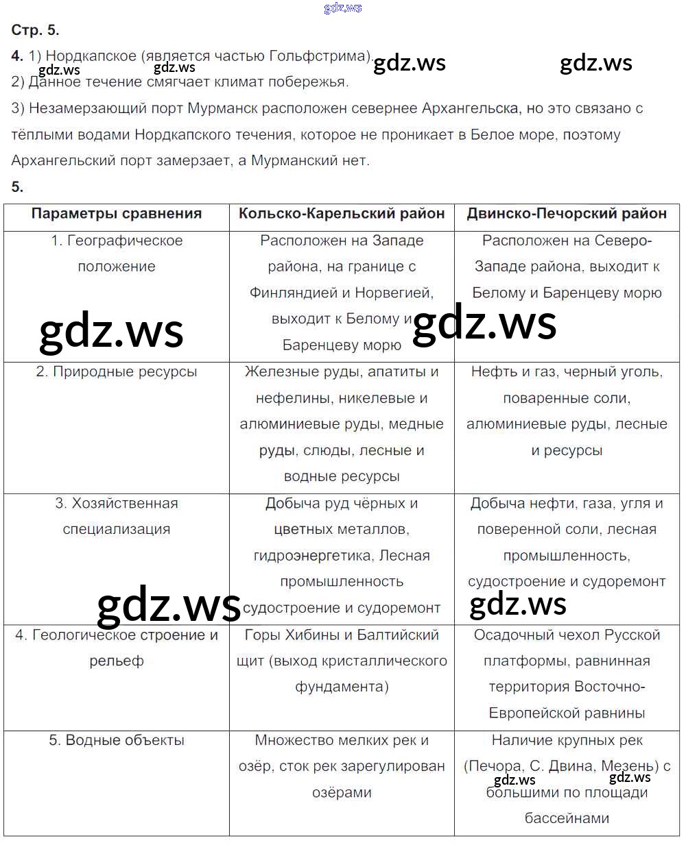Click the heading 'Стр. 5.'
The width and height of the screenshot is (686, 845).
(x=35, y=30)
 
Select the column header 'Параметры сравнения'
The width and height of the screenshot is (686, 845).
(x=117, y=214)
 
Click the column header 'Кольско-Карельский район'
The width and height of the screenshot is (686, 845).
(x=342, y=214)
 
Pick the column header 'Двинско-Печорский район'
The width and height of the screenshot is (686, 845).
(x=567, y=214)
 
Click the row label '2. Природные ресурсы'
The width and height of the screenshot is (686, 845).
(x=117, y=372)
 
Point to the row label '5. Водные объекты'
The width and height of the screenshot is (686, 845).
(x=117, y=741)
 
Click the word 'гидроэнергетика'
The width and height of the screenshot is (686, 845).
(x=313, y=556)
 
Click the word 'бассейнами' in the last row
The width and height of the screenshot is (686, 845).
(x=567, y=819)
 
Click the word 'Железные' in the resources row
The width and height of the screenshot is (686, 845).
(x=278, y=372)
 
